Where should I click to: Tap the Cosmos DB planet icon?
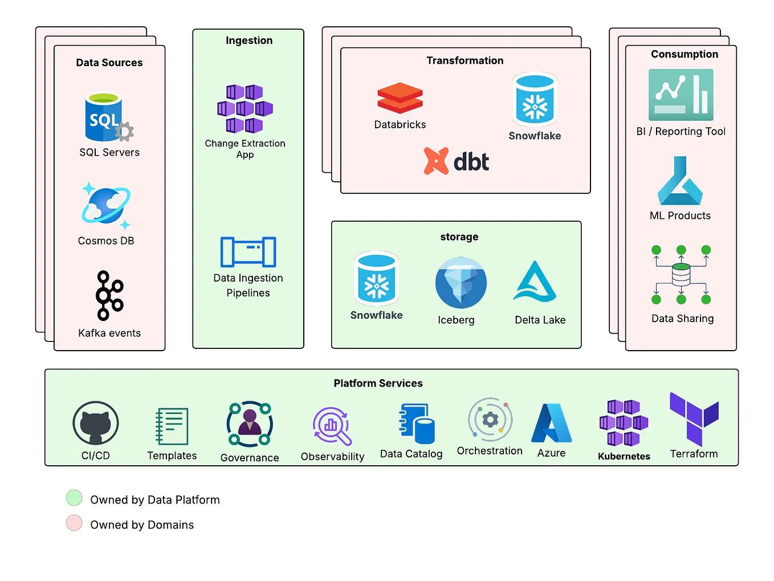tap(106, 206)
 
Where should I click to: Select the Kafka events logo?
tap(109, 295)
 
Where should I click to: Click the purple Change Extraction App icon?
tap(245, 108)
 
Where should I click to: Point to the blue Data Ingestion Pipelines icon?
tap(248, 252)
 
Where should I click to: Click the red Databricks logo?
tap(400, 97)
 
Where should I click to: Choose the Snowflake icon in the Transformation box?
tap(535, 99)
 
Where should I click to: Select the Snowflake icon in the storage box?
tap(376, 278)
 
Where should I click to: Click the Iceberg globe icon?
tap(461, 283)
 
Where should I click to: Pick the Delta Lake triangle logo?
tap(535, 282)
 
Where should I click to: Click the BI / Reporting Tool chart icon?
tap(681, 95)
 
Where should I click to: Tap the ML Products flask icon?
tap(680, 181)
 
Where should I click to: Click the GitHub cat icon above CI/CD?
tap(96, 423)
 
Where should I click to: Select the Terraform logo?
tap(694, 419)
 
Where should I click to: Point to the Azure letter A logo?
tap(551, 423)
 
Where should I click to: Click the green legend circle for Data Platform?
tap(74, 498)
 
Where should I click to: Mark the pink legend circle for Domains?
tap(74, 523)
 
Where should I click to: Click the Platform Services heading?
tap(378, 383)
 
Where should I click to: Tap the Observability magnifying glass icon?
tap(332, 426)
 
